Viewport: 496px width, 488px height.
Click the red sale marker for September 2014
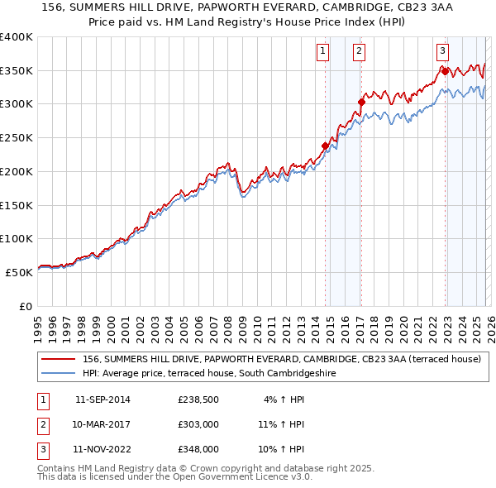[x=325, y=146]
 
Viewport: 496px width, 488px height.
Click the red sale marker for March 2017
[x=361, y=103]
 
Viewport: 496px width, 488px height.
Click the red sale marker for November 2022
[x=445, y=71]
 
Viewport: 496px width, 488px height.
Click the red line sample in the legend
[x=59, y=360]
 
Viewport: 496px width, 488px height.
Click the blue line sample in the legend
[x=59, y=373]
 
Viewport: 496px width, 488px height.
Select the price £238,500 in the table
[x=198, y=399]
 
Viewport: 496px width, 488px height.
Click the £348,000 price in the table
[x=198, y=449]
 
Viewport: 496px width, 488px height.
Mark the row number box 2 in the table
[x=43, y=424]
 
